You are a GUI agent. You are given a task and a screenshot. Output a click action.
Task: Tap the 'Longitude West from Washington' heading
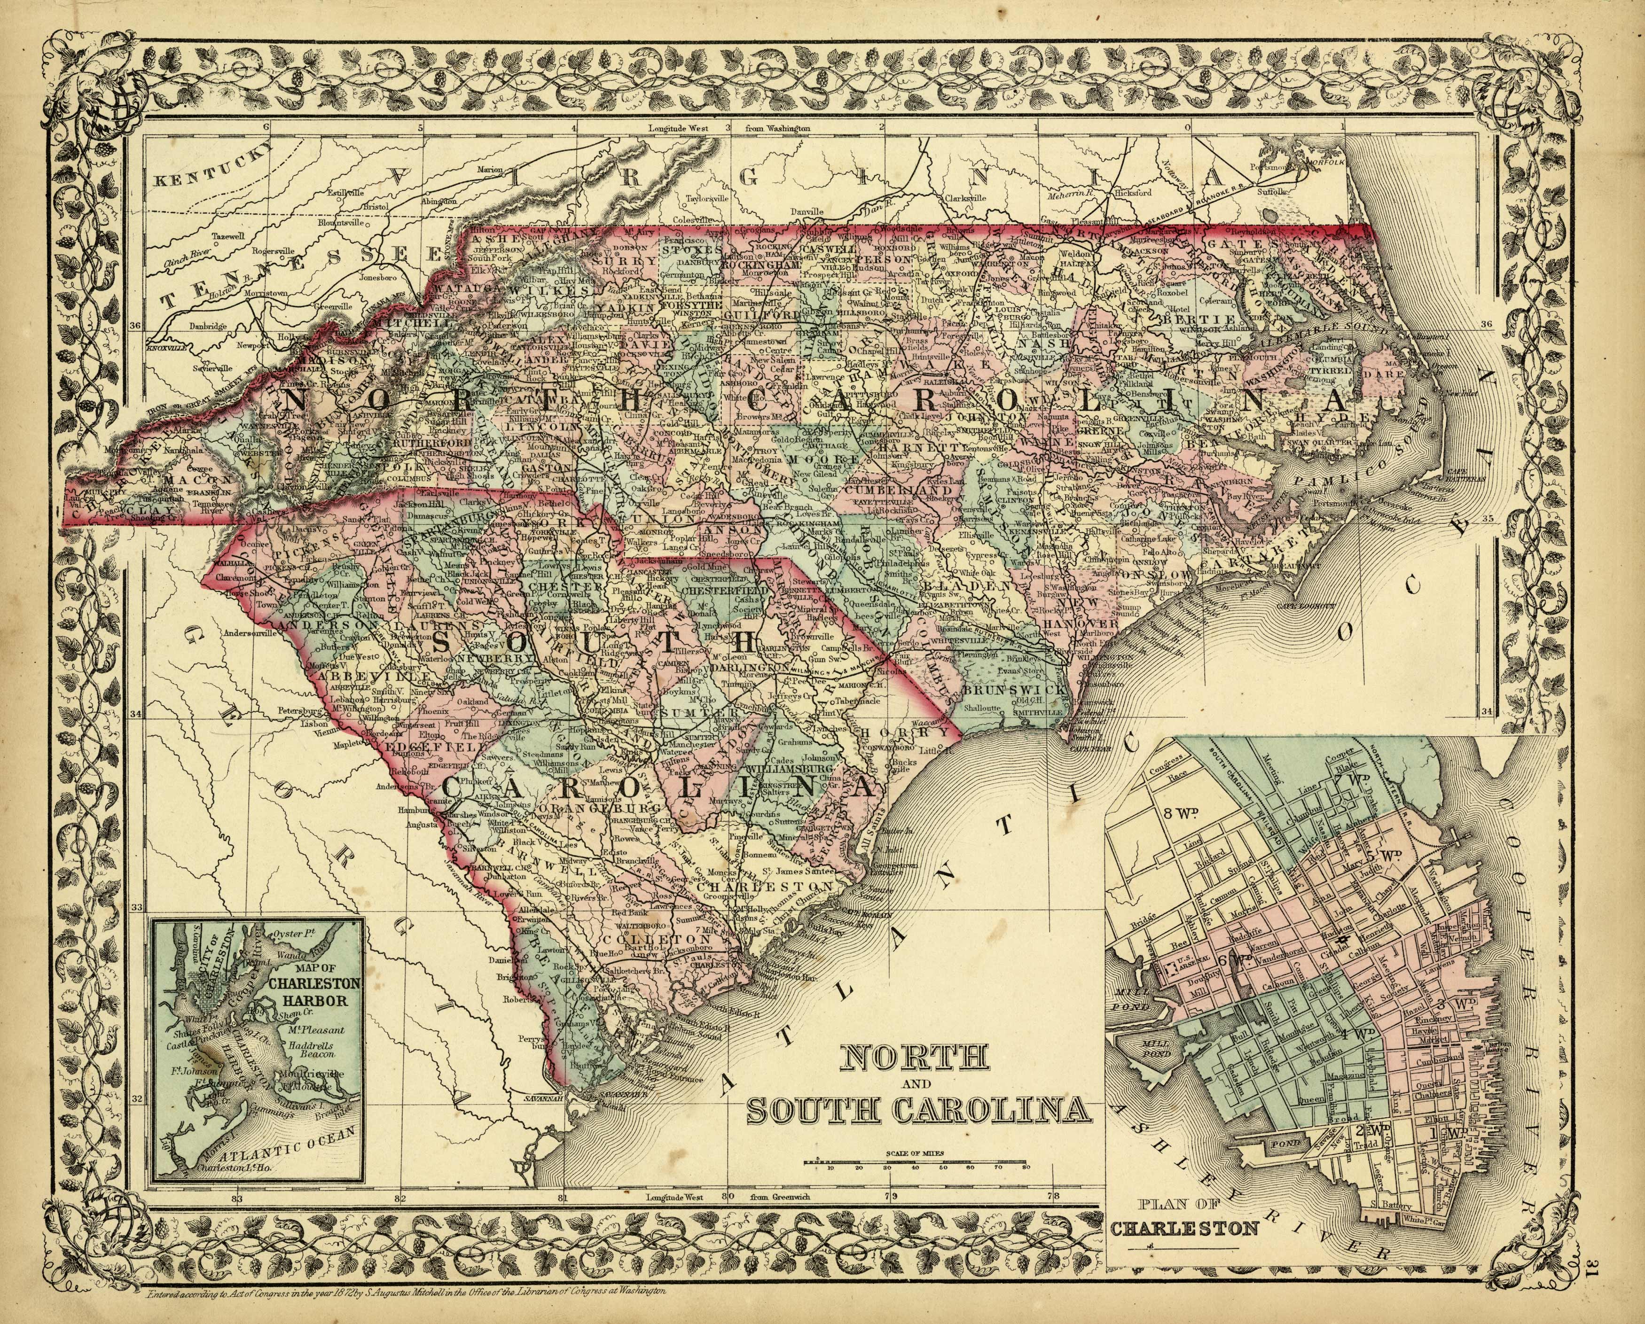click(x=728, y=130)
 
